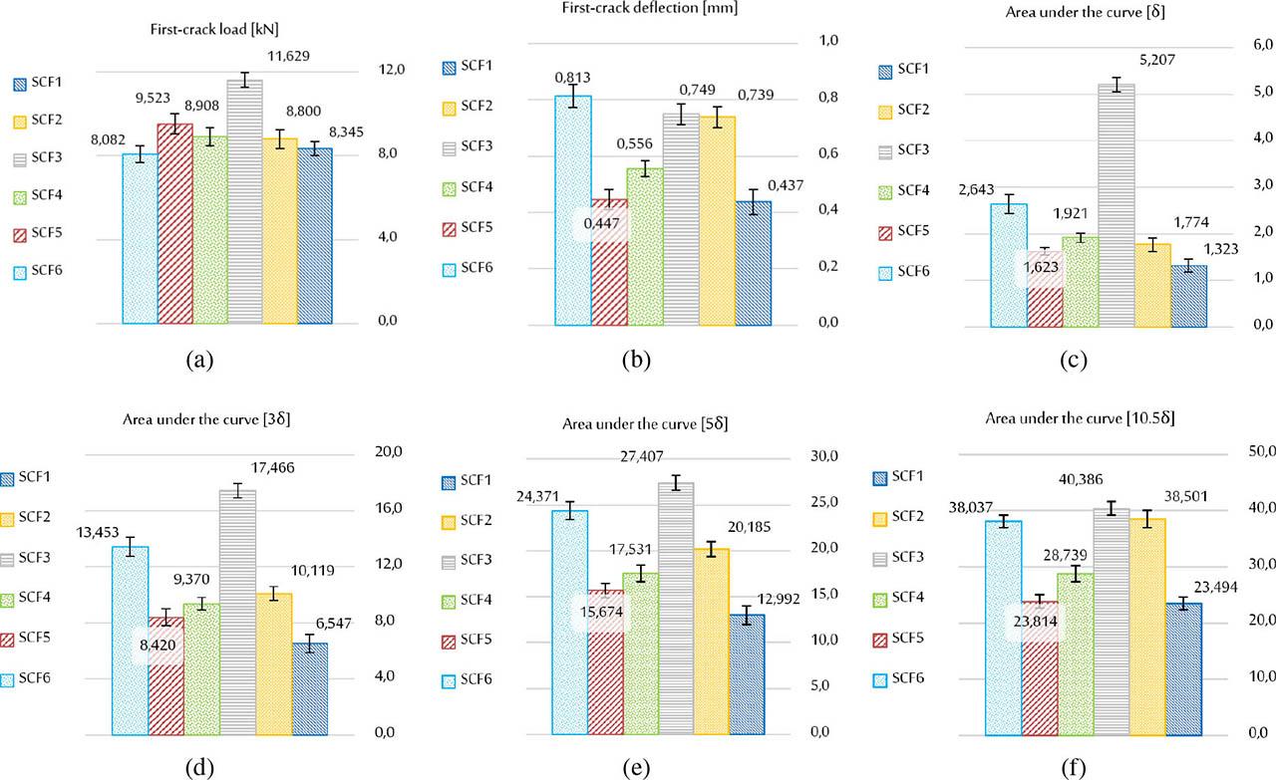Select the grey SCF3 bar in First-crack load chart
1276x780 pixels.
coord(244,199)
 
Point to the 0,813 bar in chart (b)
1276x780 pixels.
coord(573,209)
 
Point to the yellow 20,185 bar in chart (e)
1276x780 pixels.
coord(711,640)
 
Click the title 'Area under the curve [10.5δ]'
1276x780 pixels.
coord(1080,418)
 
